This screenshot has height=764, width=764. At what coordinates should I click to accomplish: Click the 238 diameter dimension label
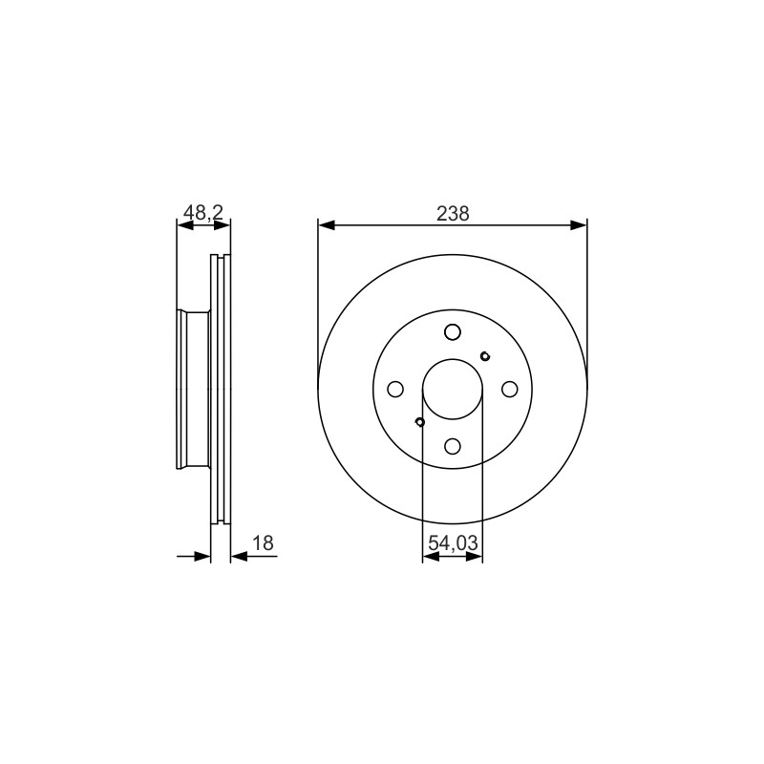coord(453,213)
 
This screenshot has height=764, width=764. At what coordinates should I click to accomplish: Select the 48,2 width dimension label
coord(203,212)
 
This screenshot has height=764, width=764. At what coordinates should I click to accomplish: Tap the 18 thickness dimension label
coord(264,542)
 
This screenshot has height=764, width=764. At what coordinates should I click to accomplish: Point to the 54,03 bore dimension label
coord(453,542)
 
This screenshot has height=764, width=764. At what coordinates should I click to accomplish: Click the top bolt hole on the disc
coord(453,331)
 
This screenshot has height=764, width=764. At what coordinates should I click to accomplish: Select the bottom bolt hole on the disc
coord(453,446)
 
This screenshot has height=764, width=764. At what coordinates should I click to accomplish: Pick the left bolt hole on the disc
coord(395,389)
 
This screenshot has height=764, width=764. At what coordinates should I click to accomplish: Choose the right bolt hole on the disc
coord(510,389)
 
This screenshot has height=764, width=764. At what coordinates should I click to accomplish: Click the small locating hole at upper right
coord(485,356)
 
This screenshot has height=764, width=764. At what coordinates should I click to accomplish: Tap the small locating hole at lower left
coord(420,421)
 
